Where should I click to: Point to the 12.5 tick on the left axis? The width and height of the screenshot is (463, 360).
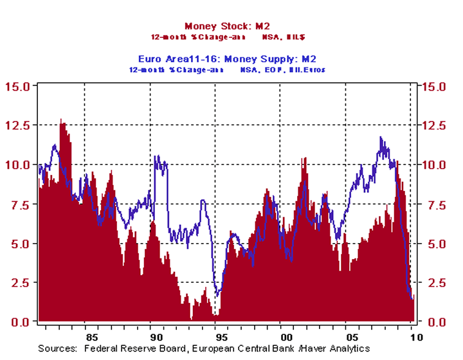click(19, 125)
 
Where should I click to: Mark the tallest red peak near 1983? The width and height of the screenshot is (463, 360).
click(60, 119)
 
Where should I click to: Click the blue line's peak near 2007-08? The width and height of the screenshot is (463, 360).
click(381, 137)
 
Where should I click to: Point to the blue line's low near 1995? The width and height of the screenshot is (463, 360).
click(217, 296)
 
